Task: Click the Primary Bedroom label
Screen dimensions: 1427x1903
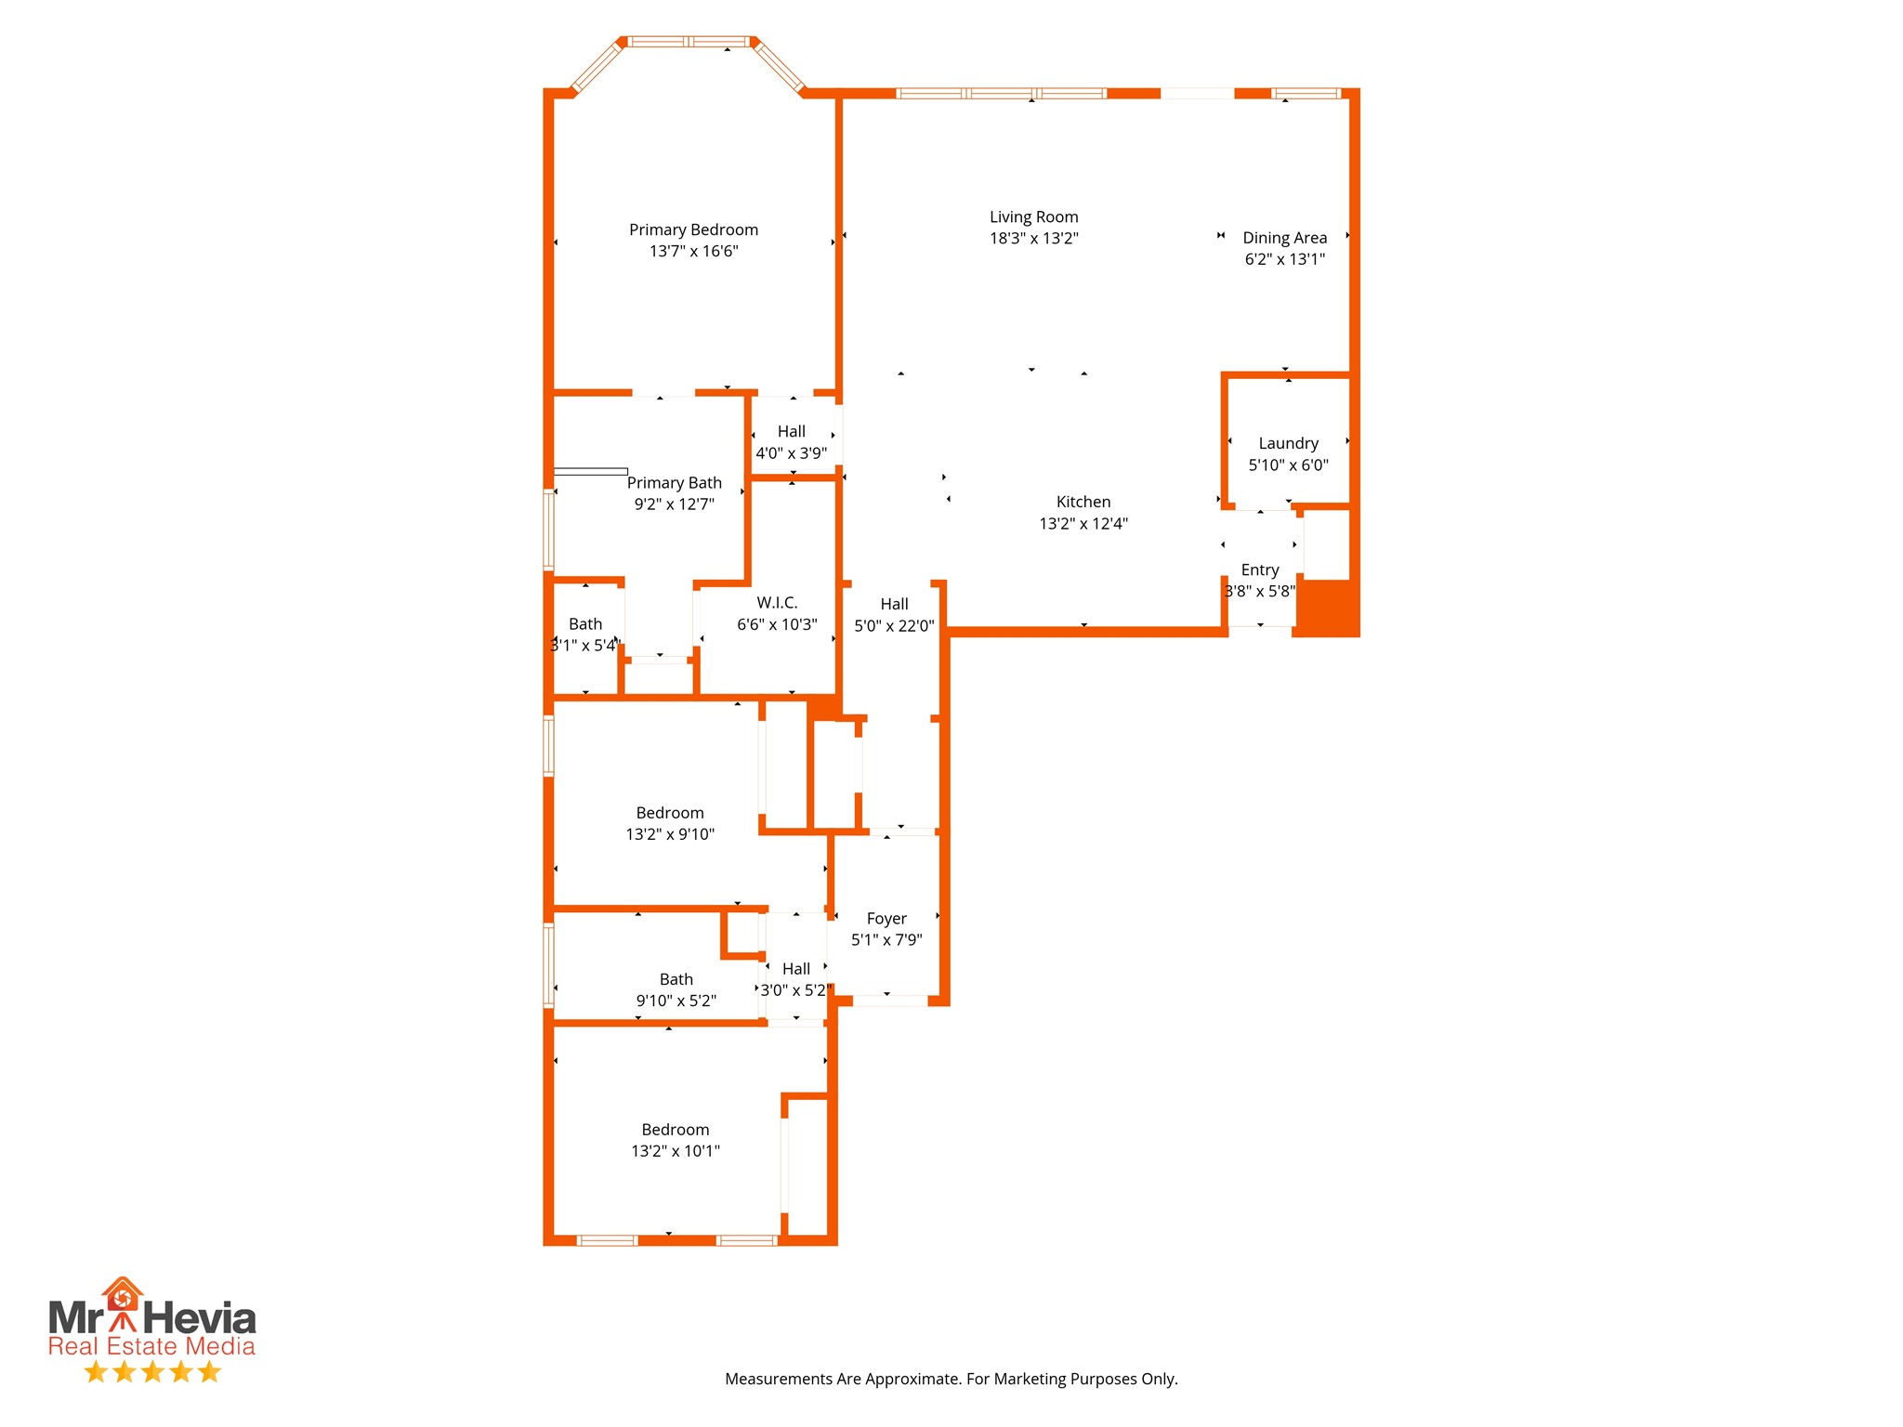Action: [x=693, y=229]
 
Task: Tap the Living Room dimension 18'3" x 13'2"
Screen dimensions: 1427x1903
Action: [x=1033, y=239]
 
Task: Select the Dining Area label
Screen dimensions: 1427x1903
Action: [x=1284, y=238]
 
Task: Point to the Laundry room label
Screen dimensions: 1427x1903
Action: [x=1288, y=443]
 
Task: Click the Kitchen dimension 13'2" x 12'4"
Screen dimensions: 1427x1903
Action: [x=1083, y=524]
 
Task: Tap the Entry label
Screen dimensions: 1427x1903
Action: [x=1259, y=569]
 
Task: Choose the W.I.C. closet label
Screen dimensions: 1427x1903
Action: [x=777, y=603]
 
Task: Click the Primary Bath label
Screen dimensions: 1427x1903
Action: [x=674, y=483]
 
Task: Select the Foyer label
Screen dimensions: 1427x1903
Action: [x=886, y=918]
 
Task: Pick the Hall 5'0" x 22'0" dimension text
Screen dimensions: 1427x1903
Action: [x=894, y=626]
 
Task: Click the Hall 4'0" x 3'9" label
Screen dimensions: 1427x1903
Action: [x=791, y=432]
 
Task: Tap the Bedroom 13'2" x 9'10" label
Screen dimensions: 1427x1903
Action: [x=669, y=813]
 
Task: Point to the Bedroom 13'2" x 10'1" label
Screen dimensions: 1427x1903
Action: [x=675, y=1130]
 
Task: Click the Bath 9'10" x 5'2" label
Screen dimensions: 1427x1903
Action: [x=676, y=979]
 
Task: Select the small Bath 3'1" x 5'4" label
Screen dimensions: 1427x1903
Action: [x=584, y=624]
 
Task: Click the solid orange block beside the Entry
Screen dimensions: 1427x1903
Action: [x=1326, y=608]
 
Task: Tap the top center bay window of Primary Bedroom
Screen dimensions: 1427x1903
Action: [x=689, y=42]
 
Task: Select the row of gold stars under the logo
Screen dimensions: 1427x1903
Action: [x=152, y=1371]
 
